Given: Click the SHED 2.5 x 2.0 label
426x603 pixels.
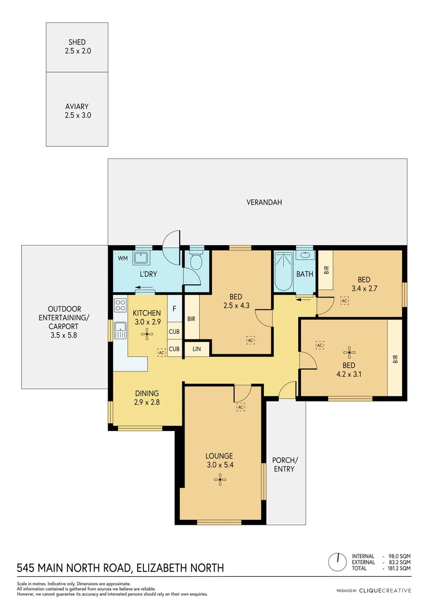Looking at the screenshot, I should (77, 46).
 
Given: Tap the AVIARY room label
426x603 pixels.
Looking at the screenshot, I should (77, 111).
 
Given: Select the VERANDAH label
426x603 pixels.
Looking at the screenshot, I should (264, 202).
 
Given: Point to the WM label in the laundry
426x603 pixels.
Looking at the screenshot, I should (122, 259).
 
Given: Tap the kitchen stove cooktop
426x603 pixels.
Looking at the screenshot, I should (120, 305).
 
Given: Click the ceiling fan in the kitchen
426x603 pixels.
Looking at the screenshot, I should (147, 334).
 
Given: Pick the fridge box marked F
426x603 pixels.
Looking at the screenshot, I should (175, 308).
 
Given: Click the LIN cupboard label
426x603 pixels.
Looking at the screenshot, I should (196, 349).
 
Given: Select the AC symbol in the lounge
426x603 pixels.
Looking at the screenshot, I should (241, 407).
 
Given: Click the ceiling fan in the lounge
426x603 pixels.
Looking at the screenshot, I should (221, 478).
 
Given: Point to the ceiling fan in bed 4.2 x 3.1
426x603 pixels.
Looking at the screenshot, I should (349, 351).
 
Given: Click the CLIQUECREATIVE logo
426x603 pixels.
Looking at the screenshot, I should (385, 590).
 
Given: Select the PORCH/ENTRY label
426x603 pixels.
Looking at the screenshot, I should (285, 465).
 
